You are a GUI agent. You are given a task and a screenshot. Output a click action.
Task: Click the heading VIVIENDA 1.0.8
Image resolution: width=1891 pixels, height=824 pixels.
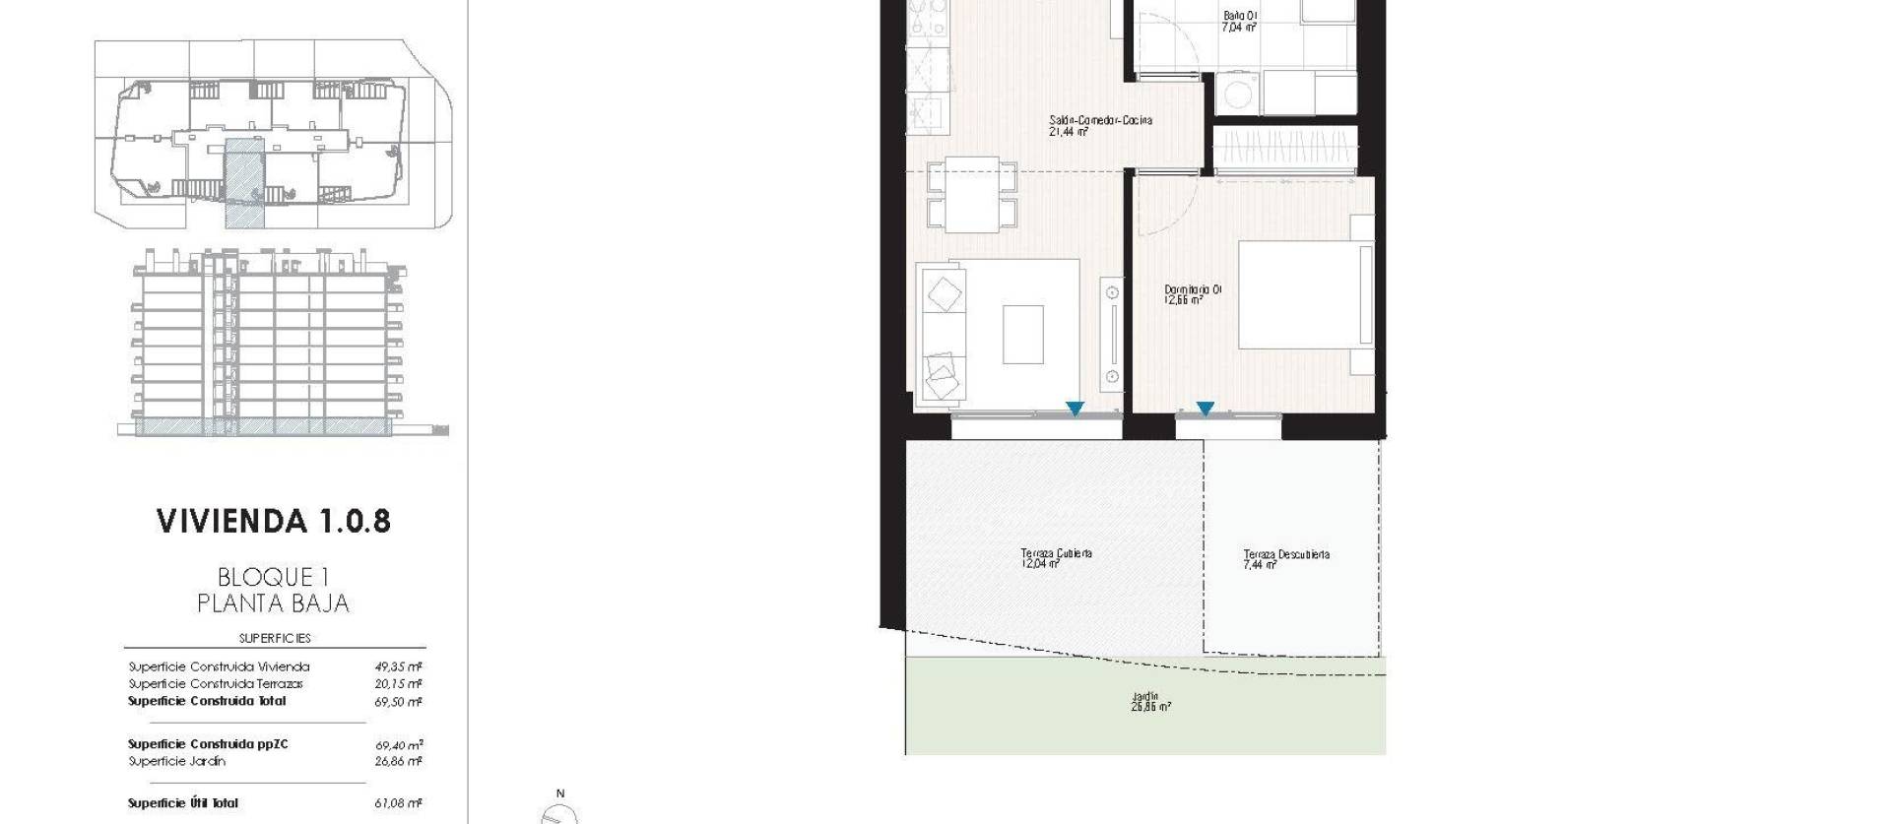point(274,522)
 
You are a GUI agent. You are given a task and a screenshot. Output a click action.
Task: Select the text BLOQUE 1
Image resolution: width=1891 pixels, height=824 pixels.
point(273,577)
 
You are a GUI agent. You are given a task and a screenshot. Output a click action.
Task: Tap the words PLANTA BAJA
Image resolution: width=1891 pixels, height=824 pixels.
point(273,603)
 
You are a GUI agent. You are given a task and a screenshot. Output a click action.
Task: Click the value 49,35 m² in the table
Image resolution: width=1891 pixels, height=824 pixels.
point(398,666)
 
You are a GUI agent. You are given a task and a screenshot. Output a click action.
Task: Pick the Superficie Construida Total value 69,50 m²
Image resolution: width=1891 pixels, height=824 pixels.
point(398,702)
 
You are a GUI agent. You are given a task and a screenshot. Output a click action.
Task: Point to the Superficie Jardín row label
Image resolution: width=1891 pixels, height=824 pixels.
point(177,761)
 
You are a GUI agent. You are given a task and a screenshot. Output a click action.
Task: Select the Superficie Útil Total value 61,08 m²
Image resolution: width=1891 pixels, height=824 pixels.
point(398,803)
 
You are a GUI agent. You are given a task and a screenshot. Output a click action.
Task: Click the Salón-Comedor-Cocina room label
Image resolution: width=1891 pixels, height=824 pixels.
point(1099,125)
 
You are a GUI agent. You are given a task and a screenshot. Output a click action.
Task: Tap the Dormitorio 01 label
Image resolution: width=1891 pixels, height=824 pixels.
point(1192,294)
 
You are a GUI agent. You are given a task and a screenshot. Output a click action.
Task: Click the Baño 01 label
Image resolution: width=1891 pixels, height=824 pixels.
point(1239,21)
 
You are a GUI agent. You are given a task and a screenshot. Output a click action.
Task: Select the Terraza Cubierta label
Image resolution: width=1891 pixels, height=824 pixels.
point(1055,558)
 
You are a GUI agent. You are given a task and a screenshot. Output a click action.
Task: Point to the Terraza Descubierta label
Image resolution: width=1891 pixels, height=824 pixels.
point(1285,559)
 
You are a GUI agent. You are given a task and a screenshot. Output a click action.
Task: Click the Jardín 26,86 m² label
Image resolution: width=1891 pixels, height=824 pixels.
point(1150,701)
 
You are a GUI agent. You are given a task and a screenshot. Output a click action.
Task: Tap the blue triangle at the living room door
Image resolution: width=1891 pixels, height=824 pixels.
point(1075,409)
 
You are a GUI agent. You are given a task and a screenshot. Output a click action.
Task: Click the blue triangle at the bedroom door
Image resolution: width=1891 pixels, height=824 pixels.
point(1205,409)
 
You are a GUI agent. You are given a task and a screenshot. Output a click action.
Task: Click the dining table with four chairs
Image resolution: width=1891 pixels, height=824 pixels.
point(971,195)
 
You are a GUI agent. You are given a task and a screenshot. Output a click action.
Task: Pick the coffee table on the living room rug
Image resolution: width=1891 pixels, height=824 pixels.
point(1022,335)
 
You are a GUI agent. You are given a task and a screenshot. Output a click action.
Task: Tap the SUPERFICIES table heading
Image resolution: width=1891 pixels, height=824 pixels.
point(274,638)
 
